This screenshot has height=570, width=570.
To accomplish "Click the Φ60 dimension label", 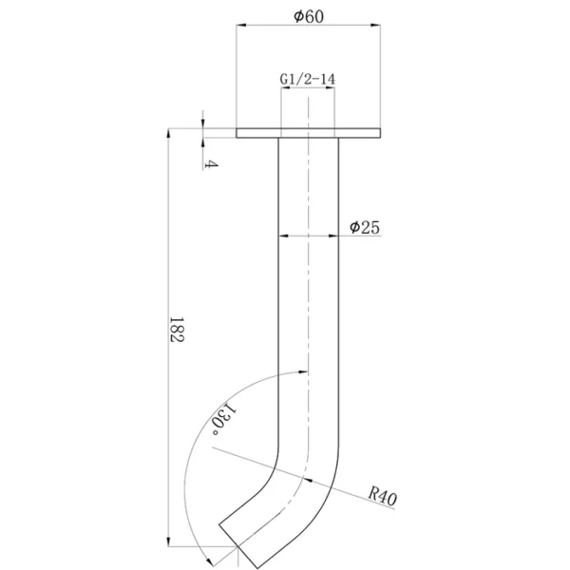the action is coord(308,16).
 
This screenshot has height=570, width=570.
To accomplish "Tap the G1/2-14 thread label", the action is coord(308,79).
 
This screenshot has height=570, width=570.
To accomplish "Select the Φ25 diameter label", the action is coord(364,227).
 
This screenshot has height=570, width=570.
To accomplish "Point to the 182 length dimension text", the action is coord(177,330).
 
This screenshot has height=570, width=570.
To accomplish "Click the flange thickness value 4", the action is coord(211,164).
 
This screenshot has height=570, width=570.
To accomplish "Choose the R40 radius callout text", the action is coord(383,497).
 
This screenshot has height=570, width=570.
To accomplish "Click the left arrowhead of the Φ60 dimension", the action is coord(241,25).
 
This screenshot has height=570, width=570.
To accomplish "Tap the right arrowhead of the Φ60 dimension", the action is coord(375,25).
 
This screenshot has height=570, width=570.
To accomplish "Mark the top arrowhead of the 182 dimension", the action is coord(168,133).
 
